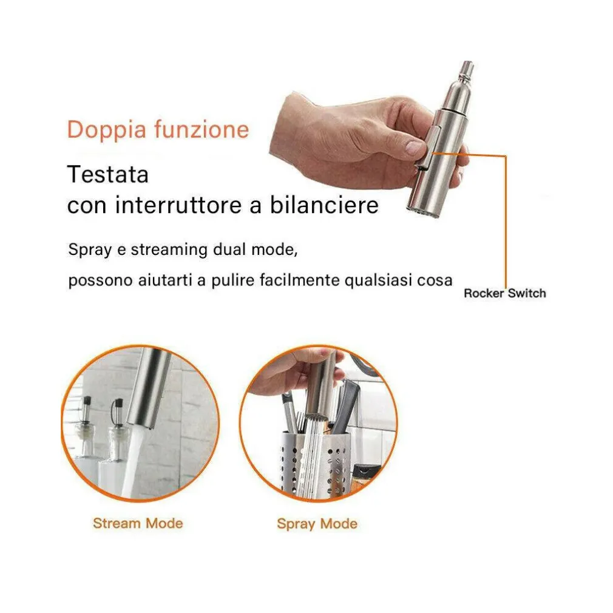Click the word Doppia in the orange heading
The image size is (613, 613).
click(x=107, y=129)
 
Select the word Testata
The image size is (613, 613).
click(x=108, y=174)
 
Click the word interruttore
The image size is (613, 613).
click(x=178, y=205)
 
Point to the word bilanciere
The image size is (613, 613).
click(x=325, y=205)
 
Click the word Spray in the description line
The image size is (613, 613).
click(x=90, y=250)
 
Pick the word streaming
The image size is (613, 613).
click(x=169, y=250)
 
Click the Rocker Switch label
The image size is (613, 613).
click(x=505, y=293)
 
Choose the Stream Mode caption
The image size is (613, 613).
click(x=138, y=523)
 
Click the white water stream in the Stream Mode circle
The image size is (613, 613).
click(x=130, y=461)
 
